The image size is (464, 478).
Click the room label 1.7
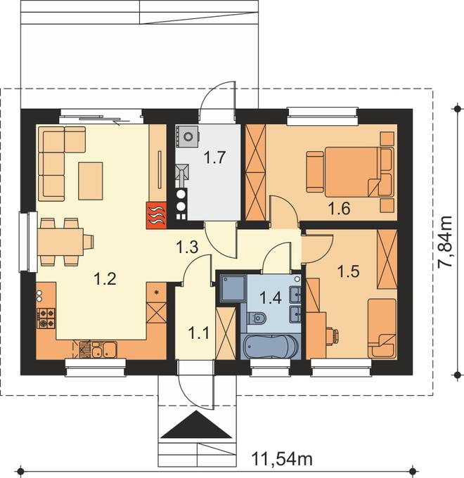[214, 157]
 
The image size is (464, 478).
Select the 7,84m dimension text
[445, 242]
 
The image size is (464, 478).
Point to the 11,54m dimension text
[282, 458]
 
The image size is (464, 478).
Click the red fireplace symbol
[156, 215]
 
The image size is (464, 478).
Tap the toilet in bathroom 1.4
[257, 318]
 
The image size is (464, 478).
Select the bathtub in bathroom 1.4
[271, 347]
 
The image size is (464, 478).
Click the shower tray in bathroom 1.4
[233, 288]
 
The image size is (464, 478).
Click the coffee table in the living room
[91, 181]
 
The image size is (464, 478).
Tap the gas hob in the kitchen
[46, 318]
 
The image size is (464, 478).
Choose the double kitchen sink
[104, 349]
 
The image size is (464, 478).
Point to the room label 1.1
[199, 332]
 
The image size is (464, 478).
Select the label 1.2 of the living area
[105, 278]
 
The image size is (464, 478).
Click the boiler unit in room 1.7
[187, 137]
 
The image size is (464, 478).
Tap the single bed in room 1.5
[382, 328]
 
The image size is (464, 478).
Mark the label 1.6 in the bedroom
[339, 209]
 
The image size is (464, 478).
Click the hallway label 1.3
[188, 247]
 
